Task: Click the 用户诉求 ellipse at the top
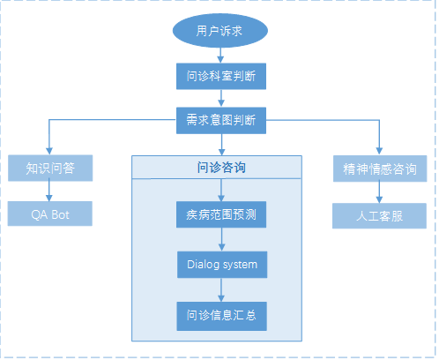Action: click(220, 30)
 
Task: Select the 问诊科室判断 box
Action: click(221, 76)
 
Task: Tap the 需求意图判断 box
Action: click(221, 120)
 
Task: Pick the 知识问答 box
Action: click(50, 168)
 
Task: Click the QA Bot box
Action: click(50, 214)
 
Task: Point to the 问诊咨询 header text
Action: click(221, 168)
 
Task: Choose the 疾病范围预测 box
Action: click(221, 214)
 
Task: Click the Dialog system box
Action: click(222, 265)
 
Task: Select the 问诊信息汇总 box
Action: click(222, 316)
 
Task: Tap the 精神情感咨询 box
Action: click(380, 169)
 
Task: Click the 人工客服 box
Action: click(379, 216)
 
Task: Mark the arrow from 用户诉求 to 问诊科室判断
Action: click(220, 56)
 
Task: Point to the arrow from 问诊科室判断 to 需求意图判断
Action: click(221, 98)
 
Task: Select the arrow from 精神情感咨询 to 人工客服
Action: click(379, 192)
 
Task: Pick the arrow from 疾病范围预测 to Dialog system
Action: click(222, 239)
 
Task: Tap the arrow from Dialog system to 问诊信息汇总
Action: click(221, 290)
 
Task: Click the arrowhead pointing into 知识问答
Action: click(49, 151)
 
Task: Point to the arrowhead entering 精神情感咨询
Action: click(379, 151)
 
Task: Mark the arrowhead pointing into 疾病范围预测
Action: click(221, 198)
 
